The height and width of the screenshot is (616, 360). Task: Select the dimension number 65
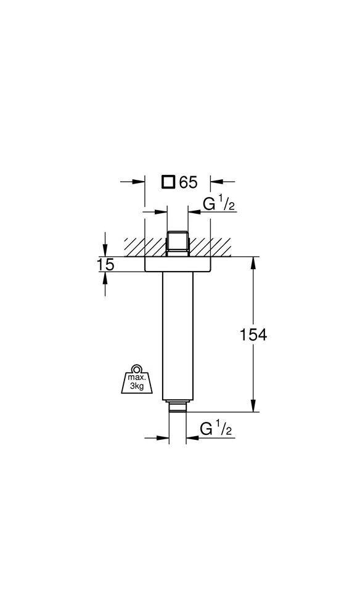(188, 182)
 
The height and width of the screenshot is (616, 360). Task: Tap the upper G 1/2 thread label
(219, 205)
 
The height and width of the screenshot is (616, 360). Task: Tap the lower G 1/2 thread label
(216, 428)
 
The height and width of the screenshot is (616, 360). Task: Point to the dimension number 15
(105, 264)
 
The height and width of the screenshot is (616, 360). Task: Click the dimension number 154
(253, 334)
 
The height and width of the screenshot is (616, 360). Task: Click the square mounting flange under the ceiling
(177, 264)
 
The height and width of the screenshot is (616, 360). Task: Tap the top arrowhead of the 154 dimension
(253, 261)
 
